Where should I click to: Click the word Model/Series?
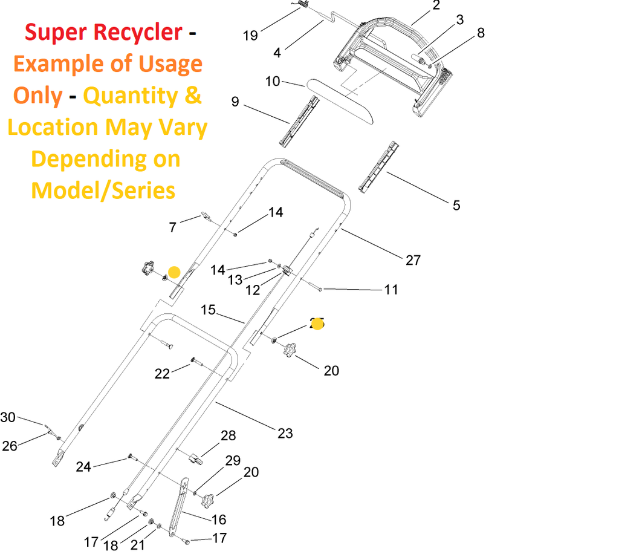(103, 191)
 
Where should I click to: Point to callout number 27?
(413, 260)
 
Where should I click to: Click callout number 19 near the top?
(250, 36)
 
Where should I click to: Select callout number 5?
(456, 205)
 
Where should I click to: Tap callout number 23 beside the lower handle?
(285, 433)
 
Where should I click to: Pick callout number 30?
(8, 417)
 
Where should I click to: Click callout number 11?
(391, 290)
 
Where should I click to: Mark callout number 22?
(162, 374)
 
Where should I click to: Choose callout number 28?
(228, 435)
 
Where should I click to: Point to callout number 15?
(208, 310)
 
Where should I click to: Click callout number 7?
(173, 227)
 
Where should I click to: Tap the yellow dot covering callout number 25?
(317, 324)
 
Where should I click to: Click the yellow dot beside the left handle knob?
(174, 272)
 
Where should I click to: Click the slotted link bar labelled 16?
(175, 508)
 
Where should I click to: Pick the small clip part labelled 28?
(195, 458)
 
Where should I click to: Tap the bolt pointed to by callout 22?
(193, 361)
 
